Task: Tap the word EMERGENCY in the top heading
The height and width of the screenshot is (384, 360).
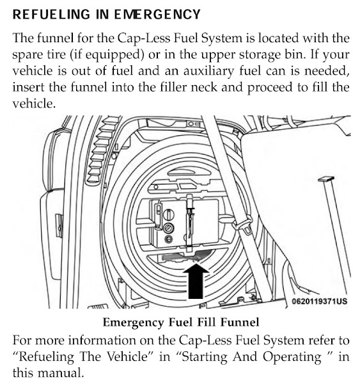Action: pos(157,14)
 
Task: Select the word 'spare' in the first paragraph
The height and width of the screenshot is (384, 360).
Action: pos(26,55)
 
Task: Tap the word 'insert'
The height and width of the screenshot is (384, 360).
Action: pos(28,87)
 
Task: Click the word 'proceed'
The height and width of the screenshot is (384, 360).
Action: pos(270,88)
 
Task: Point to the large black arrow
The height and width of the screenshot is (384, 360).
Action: pos(196,281)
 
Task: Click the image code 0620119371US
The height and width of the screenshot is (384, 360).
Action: pos(319,301)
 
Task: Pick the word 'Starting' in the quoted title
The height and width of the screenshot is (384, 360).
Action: pos(203,357)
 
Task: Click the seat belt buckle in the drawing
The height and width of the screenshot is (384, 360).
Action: pos(245,224)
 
